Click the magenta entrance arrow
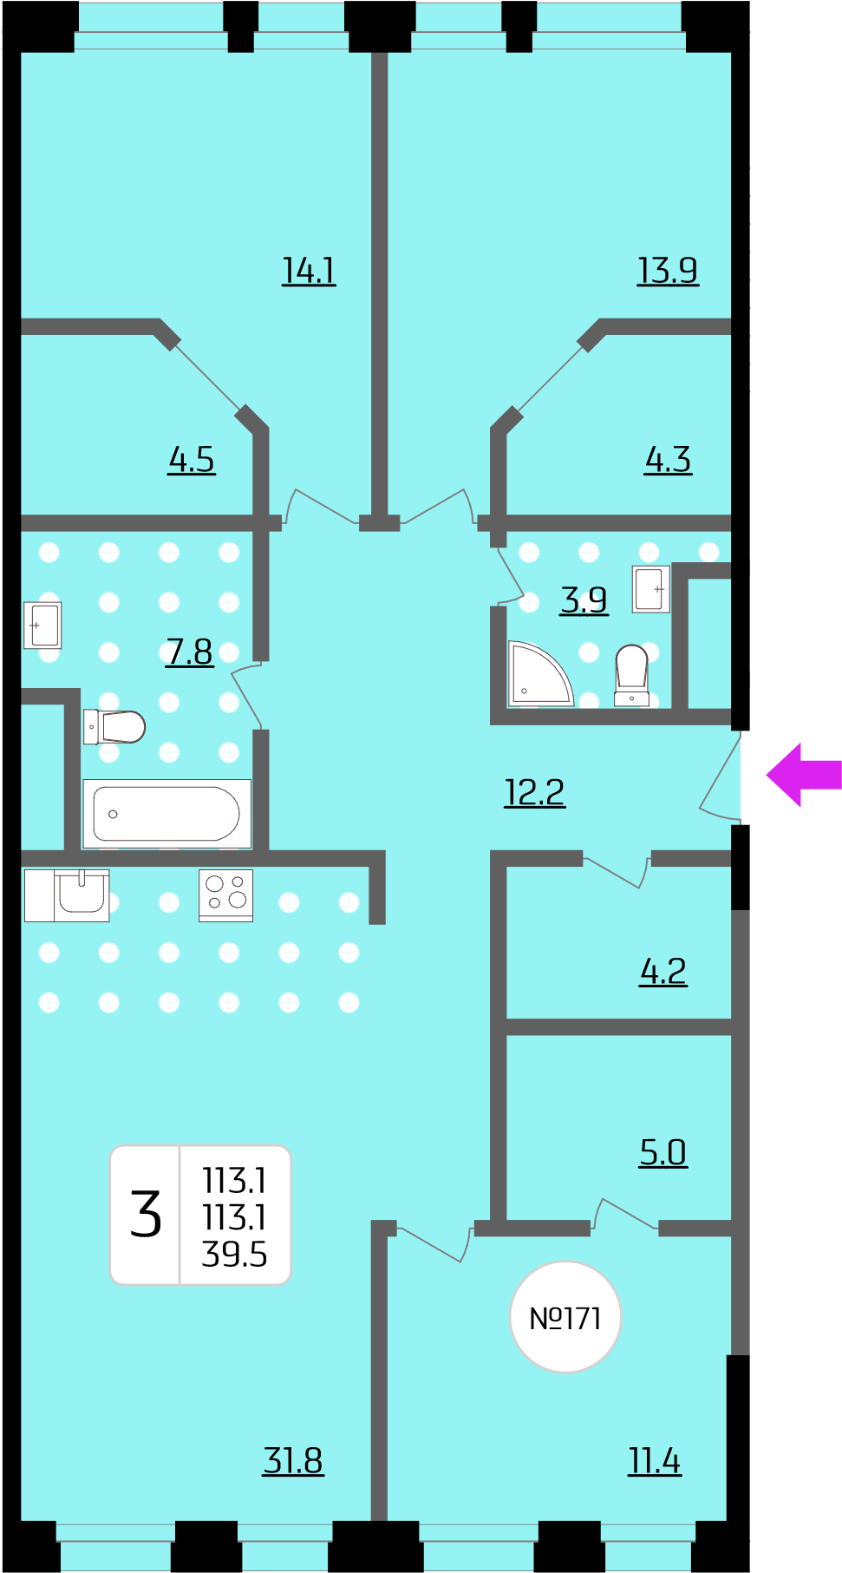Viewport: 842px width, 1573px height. tap(804, 775)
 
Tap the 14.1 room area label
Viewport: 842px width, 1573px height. tap(309, 271)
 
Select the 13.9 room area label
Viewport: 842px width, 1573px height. tap(668, 271)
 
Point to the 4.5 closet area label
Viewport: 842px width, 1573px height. tap(192, 460)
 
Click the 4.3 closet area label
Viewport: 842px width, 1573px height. tap(668, 460)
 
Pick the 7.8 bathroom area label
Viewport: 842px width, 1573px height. tap(189, 652)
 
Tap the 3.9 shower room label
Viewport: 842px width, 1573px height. tap(584, 600)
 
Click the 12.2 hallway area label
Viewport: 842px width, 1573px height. tap(535, 792)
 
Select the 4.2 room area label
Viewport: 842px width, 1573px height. tap(663, 971)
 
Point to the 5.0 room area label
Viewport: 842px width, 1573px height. tap(663, 1152)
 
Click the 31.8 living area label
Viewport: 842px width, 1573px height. tap(293, 1460)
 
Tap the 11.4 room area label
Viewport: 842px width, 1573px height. tap(655, 1460)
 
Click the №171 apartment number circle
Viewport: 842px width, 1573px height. tap(565, 1317)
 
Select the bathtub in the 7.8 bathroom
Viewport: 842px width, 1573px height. tap(166, 814)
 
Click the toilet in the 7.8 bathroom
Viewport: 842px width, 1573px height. tap(114, 727)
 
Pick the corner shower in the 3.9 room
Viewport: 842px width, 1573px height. tap(539, 673)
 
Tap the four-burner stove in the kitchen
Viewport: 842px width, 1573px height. tap(225, 895)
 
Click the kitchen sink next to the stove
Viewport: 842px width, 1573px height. tap(67, 895)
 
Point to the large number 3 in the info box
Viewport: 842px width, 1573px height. tap(146, 1214)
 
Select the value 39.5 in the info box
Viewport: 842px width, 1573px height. tap(234, 1255)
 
